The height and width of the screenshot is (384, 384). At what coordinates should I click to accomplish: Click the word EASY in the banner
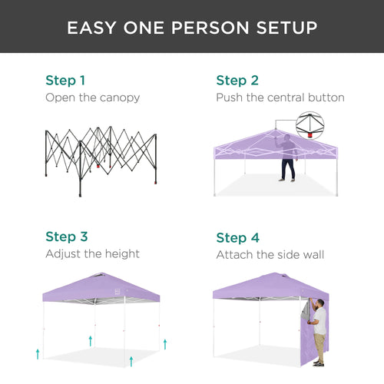pyautogui.click(x=91, y=28)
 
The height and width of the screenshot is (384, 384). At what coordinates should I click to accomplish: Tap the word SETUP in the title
pyautogui.click(x=285, y=28)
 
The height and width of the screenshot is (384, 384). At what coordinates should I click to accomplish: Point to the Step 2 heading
pyautogui.click(x=237, y=80)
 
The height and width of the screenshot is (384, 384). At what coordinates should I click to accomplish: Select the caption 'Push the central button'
pyautogui.click(x=280, y=98)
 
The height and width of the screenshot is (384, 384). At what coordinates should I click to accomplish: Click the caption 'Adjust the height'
pyautogui.click(x=92, y=253)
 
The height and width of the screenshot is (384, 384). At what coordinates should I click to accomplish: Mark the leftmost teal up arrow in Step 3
pyautogui.click(x=38, y=353)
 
